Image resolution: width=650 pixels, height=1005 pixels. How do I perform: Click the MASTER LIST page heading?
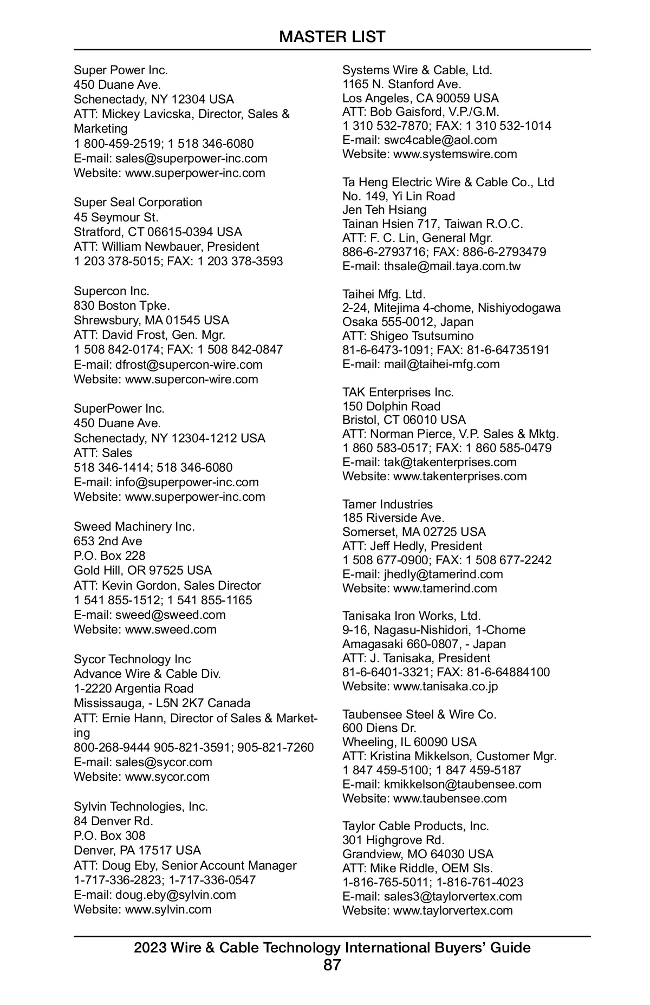332,37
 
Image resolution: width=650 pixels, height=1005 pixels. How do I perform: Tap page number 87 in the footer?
332,965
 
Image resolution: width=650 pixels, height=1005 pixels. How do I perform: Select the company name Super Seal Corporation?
138,203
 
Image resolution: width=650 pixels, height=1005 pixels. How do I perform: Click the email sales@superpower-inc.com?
191,159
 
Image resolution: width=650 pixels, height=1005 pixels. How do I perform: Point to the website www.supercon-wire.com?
191,380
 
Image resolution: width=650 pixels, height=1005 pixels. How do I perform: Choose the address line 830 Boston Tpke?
122,306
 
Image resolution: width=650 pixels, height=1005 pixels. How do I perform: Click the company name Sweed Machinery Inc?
134,527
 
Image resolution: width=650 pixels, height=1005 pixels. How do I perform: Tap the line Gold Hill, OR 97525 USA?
142,571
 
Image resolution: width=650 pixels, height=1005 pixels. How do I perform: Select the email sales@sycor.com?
164,762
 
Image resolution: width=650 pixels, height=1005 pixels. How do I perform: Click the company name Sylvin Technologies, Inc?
141,807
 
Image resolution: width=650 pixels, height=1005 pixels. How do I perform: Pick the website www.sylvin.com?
168,910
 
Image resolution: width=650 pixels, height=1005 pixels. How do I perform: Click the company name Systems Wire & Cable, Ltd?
417,70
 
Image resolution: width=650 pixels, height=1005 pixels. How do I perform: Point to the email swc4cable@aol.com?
440,140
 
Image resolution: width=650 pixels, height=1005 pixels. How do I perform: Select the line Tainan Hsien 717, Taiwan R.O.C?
432,224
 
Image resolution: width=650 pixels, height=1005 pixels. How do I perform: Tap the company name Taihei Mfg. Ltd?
384,295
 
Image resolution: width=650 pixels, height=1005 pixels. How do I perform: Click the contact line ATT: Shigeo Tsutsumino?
408,336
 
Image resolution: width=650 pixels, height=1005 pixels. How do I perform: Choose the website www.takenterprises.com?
460,477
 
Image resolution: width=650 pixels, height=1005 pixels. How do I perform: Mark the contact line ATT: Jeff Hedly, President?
412,546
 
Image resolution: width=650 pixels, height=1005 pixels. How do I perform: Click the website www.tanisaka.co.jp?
445,687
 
